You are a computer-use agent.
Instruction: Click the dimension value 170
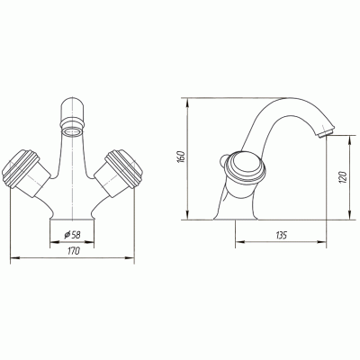coord(73,250)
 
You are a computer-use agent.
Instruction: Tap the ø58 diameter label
coord(72,235)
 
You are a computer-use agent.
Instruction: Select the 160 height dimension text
coord(181,157)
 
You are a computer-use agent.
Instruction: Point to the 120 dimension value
coord(343,177)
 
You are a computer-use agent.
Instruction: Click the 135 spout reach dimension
coord(281,235)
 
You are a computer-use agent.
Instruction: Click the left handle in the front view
coord(26,173)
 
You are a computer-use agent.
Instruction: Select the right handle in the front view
coord(118,173)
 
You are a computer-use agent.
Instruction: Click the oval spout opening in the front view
coord(73,131)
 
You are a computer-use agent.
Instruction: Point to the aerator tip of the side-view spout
coord(326,132)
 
